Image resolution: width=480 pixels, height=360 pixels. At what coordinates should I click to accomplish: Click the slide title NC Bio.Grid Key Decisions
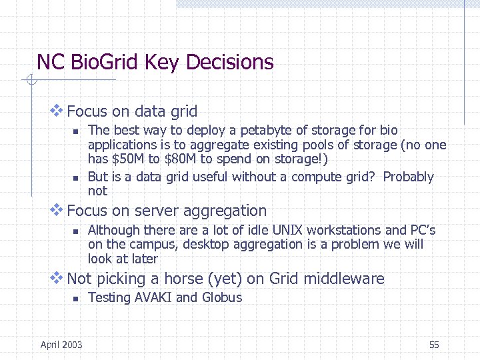click(x=155, y=63)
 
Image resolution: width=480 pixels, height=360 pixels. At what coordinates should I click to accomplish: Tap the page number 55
click(x=434, y=345)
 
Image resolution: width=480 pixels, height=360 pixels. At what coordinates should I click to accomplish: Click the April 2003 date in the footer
click(x=61, y=345)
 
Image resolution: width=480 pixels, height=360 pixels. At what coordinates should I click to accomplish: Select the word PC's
click(x=422, y=230)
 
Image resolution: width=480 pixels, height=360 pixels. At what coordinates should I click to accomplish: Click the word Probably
click(x=408, y=177)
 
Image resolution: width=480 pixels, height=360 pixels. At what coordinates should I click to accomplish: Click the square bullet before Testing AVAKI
click(x=76, y=298)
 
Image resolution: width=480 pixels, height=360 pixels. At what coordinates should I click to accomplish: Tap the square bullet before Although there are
click(x=76, y=231)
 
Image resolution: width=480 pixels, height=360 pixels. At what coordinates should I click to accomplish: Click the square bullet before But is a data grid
click(x=76, y=178)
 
